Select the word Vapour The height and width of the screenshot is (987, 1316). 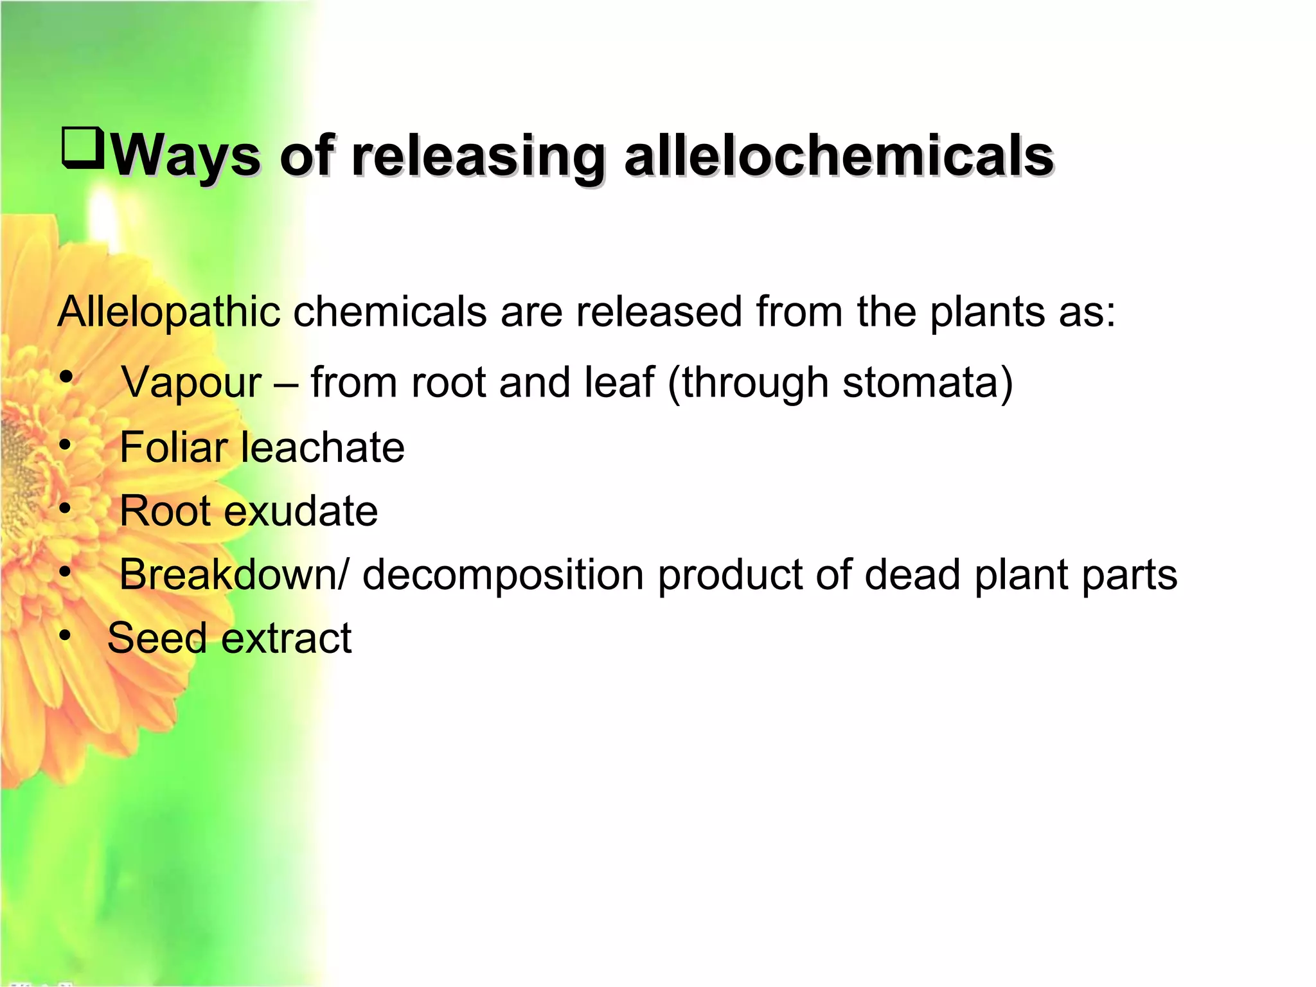point(191,383)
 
